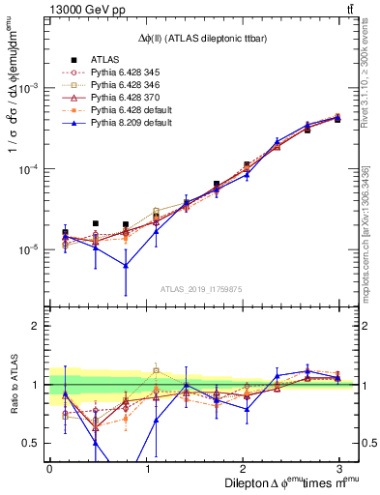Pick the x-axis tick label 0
coord(49,467)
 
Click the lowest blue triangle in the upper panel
coord(126,266)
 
